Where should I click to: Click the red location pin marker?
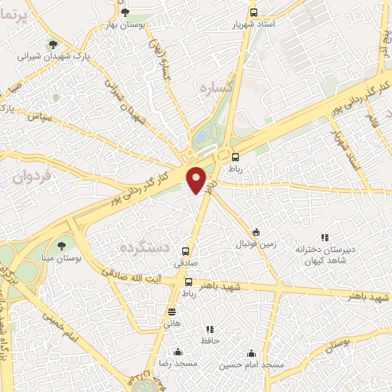point(198,180)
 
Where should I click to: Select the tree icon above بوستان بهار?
point(126,11)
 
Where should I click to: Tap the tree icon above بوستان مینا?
point(61,246)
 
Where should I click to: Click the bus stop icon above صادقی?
point(186,250)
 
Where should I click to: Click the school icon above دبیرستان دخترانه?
point(325,238)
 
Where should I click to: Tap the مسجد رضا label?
point(178,364)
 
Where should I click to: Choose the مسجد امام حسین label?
point(253,365)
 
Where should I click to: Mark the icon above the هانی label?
point(171,312)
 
